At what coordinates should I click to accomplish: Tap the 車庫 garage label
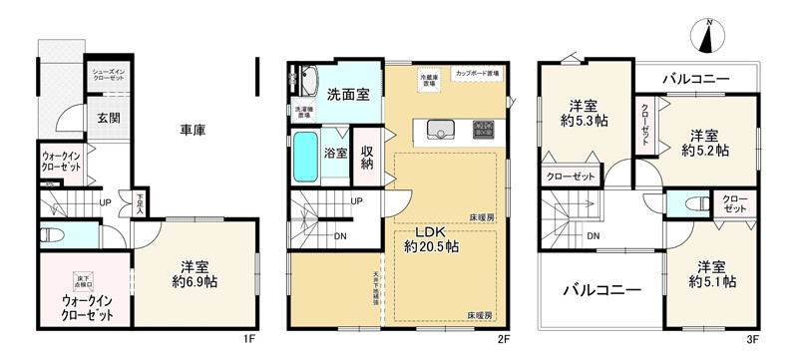point(193,130)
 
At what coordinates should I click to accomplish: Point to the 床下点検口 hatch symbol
point(84,283)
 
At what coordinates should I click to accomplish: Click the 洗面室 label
point(349,95)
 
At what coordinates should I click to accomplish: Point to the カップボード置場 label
point(478,74)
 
